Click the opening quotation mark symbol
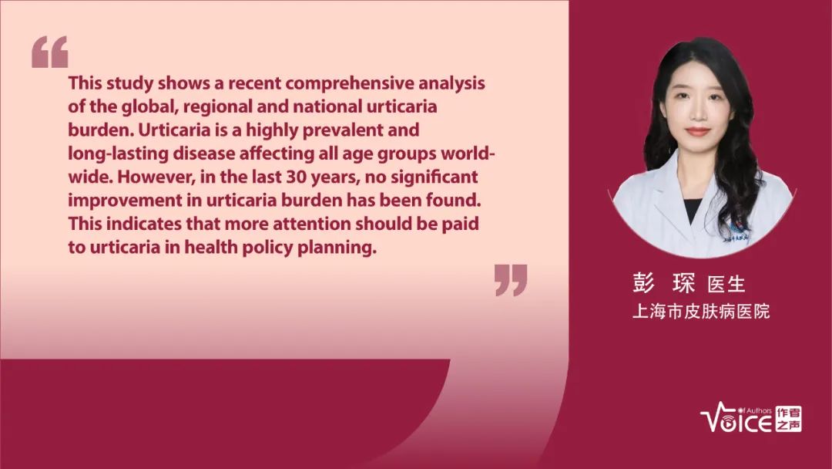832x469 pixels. coord(50,52)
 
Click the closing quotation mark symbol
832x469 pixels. coord(511,280)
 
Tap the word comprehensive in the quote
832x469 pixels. coord(350,83)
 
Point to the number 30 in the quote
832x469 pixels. coord(296,177)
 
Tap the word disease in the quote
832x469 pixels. coord(203,153)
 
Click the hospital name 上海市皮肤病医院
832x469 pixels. coord(700,311)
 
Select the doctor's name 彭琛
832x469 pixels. coord(663,284)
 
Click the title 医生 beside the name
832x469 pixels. coord(726,285)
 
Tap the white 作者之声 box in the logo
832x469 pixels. coord(789,419)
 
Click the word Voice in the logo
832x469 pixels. coord(736,420)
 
